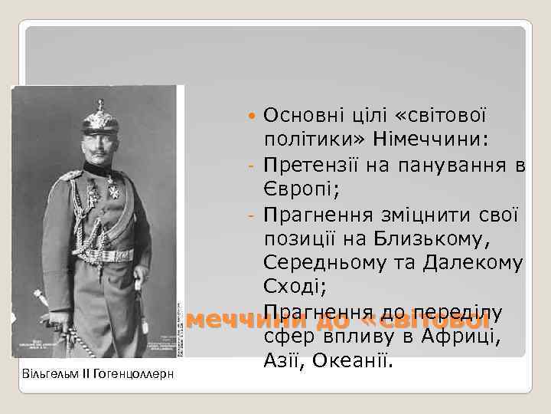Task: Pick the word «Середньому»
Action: [321, 263]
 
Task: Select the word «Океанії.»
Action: [355, 360]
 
